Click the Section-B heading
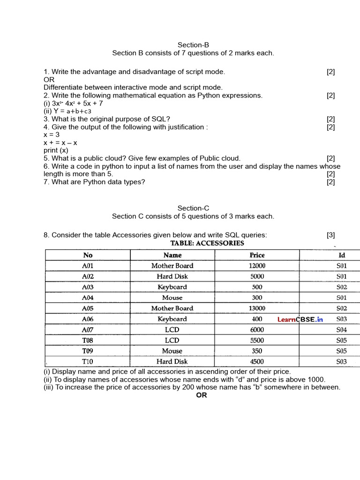[x=193, y=45]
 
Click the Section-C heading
[x=193, y=208]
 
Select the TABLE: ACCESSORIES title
[x=207, y=243]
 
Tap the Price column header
[x=257, y=255]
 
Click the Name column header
[x=172, y=255]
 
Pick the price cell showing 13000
[x=257, y=308]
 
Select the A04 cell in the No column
[x=88, y=298]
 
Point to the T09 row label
[x=88, y=351]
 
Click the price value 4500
[x=257, y=362]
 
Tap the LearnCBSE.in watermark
[x=300, y=320]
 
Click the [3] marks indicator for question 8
[x=331, y=235]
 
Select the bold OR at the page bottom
[x=202, y=395]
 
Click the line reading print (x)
[x=56, y=150]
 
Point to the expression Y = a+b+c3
[x=67, y=111]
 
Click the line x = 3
[x=52, y=135]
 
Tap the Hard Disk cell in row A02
[x=172, y=277]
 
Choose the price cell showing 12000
[x=257, y=266]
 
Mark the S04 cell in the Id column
[x=341, y=330]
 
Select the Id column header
[x=342, y=255]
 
